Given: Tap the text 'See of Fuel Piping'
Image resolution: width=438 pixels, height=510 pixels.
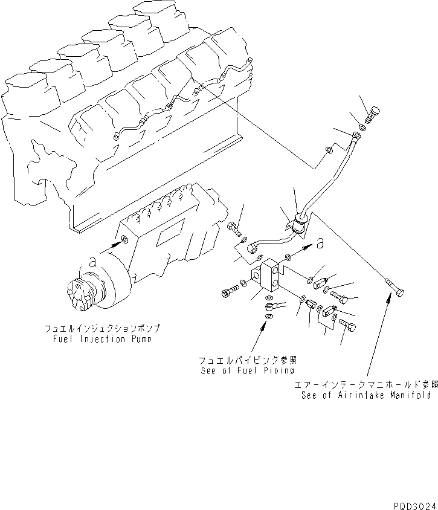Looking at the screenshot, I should point(247,370).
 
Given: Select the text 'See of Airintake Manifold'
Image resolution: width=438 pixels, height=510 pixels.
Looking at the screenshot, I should point(366,395).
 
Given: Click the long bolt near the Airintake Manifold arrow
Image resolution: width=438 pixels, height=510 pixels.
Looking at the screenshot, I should point(394,288).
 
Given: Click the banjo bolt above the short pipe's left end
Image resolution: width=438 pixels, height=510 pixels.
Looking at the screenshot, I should point(234,229).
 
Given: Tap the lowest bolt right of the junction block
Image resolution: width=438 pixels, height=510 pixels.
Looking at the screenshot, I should point(347,325).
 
